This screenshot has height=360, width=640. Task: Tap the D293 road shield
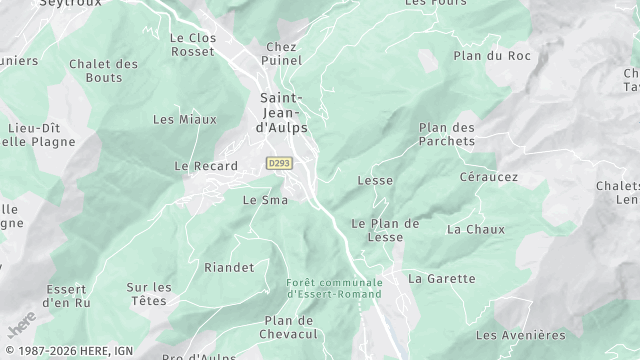(x=278, y=162)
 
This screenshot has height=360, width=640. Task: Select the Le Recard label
(x=206, y=166)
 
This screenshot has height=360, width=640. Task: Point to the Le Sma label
(x=265, y=200)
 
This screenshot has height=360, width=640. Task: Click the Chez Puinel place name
(x=283, y=54)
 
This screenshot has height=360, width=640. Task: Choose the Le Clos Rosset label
(x=193, y=46)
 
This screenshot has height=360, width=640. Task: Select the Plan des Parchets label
(x=446, y=135)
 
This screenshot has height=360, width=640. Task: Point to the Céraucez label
(x=488, y=176)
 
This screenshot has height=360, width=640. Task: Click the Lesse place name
(x=375, y=180)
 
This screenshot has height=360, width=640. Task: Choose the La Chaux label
(x=468, y=229)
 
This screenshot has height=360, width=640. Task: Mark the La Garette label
(x=442, y=278)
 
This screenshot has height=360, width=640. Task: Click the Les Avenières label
(x=520, y=335)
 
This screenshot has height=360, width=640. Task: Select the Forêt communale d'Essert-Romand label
(x=333, y=288)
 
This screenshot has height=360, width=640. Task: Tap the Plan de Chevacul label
(x=290, y=326)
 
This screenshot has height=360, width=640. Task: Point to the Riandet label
(x=227, y=267)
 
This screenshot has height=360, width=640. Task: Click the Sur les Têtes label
(x=149, y=294)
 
